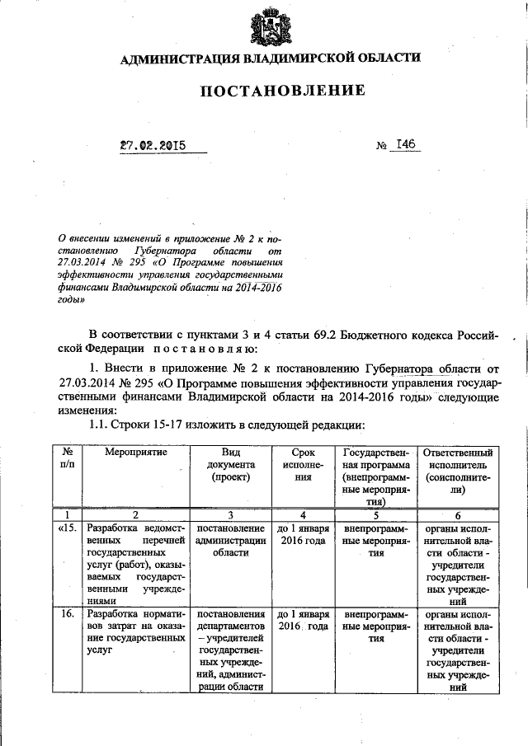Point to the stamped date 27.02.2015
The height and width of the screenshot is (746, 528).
coord(153,146)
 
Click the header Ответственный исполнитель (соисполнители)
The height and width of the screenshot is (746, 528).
coord(458,471)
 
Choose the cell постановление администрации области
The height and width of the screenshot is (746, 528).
coord(230,540)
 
